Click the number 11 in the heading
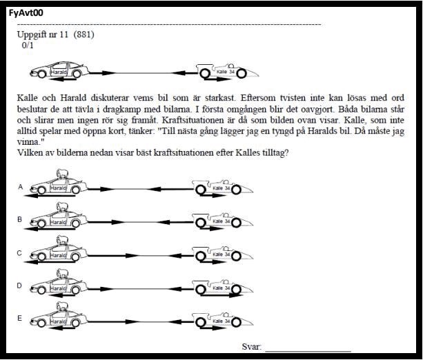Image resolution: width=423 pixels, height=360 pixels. click(63, 34)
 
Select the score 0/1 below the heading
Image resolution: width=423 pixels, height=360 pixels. click(28, 45)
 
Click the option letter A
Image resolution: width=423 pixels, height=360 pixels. click(20, 187)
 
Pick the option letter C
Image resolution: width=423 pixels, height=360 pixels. click(20, 253)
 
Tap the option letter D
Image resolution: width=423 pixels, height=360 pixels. click(20, 286)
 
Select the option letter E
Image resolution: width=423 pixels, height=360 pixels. click(20, 318)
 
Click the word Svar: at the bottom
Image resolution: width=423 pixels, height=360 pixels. click(252, 346)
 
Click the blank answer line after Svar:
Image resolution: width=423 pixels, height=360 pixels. click(307, 348)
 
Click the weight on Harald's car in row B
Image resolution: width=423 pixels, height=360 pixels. click(60, 209)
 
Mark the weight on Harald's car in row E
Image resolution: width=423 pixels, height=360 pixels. click(60, 307)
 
